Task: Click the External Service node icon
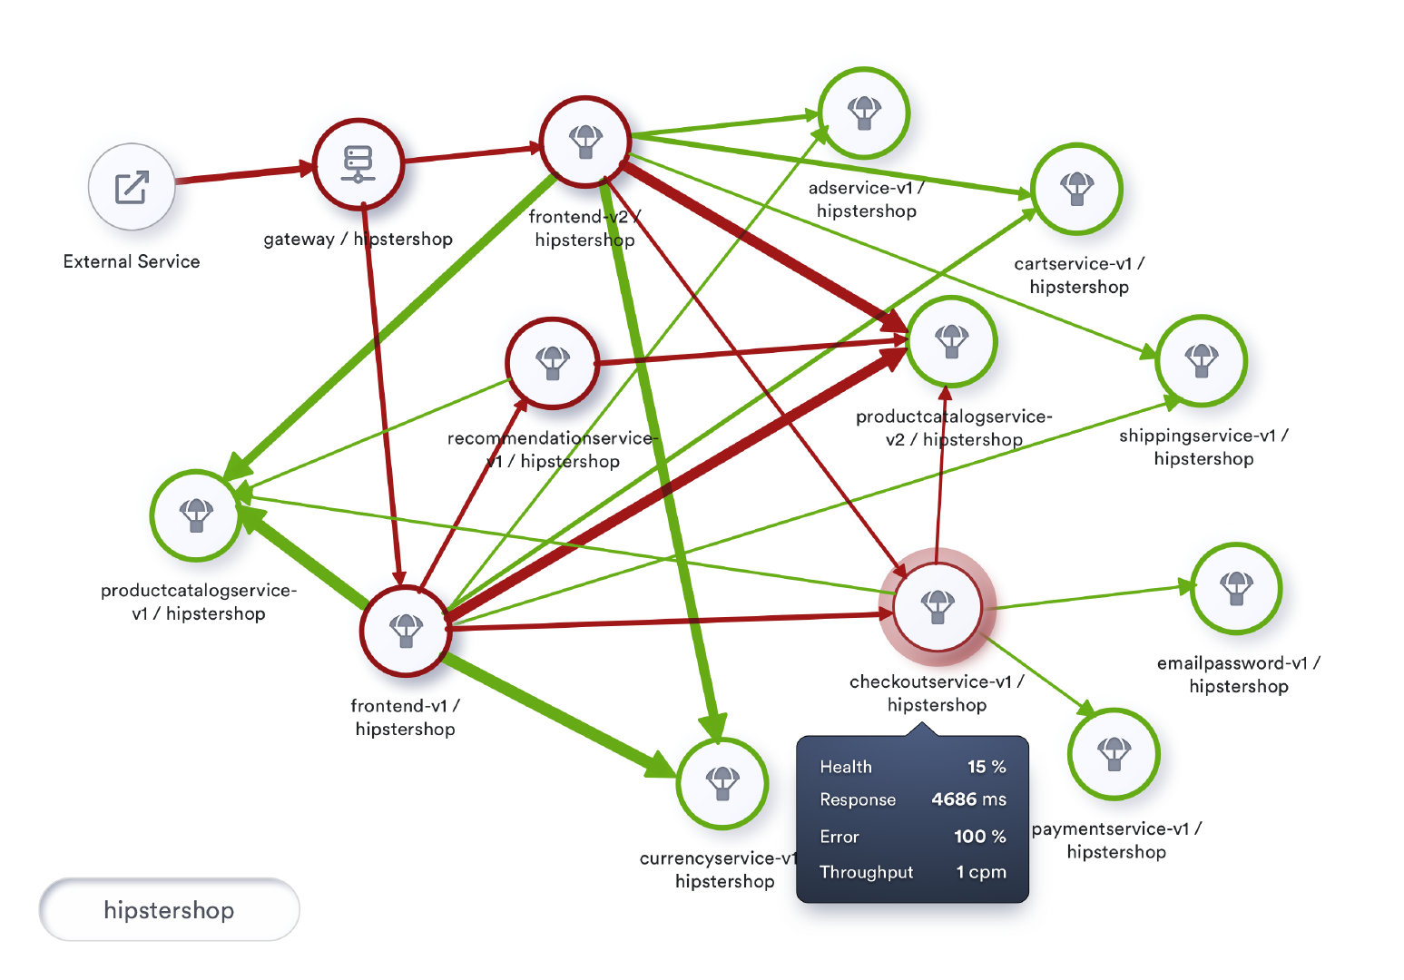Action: click(132, 187)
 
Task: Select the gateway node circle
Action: click(358, 164)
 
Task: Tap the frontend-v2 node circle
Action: click(585, 142)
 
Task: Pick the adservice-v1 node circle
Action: click(864, 113)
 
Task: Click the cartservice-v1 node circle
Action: click(1077, 189)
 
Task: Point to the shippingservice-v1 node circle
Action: click(1202, 361)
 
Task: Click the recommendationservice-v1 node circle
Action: click(553, 363)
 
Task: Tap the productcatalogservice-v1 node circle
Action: click(196, 515)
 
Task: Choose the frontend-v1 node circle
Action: click(406, 631)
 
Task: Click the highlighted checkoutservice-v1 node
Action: click(938, 607)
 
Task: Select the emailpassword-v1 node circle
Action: click(1236, 589)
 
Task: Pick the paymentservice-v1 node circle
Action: click(1114, 754)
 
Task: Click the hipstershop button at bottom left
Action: click(170, 909)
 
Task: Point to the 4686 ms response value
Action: click(968, 799)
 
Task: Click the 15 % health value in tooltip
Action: click(987, 767)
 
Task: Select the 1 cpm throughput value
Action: click(981, 872)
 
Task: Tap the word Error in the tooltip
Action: click(839, 837)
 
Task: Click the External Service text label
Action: click(132, 261)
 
